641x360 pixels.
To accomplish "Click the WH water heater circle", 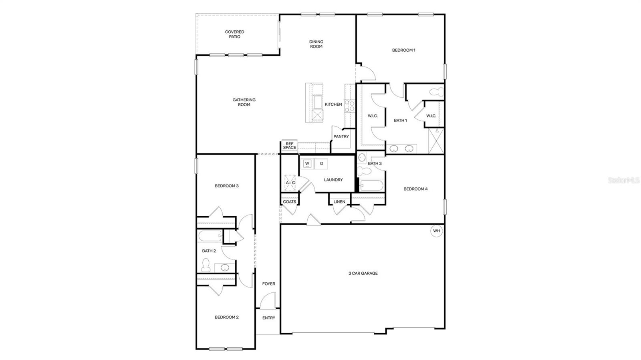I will click(436, 231).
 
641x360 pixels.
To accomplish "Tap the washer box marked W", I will click(307, 163).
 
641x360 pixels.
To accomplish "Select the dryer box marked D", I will click(321, 163).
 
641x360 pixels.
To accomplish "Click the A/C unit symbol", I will click(290, 183).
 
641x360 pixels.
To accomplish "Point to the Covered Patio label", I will click(234, 34).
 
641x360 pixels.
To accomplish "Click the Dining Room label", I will click(316, 44).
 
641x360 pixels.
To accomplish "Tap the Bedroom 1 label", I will click(403, 50).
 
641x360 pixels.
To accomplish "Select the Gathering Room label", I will click(244, 102).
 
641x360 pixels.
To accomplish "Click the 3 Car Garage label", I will click(363, 274).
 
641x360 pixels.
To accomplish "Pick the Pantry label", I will click(341, 137).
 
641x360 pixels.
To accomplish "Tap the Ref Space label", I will click(289, 146).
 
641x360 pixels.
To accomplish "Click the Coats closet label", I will click(289, 201).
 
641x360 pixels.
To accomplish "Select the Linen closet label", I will click(339, 201).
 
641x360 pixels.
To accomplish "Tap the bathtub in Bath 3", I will click(371, 186).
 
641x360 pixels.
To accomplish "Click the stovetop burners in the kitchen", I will click(350, 106).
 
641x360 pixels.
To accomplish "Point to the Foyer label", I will click(268, 284).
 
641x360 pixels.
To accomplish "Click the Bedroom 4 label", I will click(415, 189).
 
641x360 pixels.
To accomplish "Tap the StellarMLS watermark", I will click(624, 181).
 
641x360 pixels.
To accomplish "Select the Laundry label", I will click(333, 180).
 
